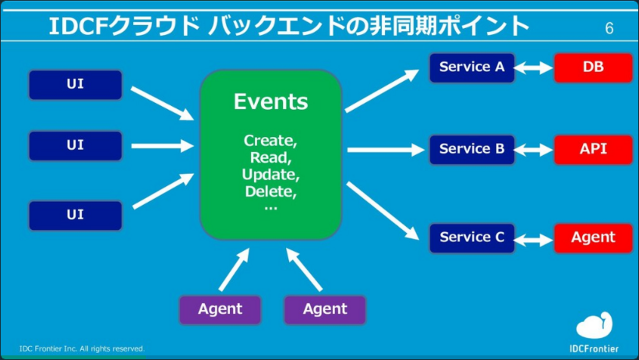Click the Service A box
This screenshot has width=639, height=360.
point(472,67)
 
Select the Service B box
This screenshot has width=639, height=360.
point(472,149)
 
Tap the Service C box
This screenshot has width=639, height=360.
point(472,238)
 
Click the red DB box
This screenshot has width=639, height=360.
point(593,67)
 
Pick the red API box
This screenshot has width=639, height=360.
point(593,149)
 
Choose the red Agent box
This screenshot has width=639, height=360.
point(593,238)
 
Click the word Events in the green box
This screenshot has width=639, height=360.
point(271,102)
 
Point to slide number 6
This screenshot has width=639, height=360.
point(609,29)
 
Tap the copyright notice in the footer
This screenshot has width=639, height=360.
point(82,349)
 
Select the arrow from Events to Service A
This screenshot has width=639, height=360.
point(382,91)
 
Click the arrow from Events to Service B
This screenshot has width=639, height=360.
point(385,150)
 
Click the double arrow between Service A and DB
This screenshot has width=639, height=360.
point(534,68)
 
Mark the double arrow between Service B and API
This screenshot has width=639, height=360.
point(534,150)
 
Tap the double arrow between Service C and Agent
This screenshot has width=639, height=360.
point(534,240)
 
